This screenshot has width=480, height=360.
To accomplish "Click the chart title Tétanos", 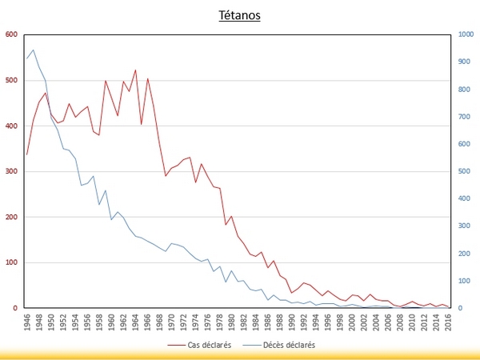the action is [x=239, y=15].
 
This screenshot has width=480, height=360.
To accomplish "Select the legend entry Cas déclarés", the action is [x=199, y=345].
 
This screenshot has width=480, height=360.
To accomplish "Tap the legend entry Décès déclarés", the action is [x=279, y=345].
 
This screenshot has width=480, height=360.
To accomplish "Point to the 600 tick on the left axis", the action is [x=12, y=34].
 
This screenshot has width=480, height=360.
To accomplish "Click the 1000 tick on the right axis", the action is [x=466, y=34].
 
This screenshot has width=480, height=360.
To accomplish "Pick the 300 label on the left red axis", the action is [x=12, y=171].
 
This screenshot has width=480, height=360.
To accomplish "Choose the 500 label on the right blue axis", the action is [x=464, y=171].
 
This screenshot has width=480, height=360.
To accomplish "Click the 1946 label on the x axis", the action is [x=27, y=322].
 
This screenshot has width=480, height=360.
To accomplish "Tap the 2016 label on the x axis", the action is [x=448, y=322].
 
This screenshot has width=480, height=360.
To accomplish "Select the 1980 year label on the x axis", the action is [x=232, y=322].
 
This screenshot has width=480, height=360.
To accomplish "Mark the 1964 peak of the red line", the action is [x=136, y=70].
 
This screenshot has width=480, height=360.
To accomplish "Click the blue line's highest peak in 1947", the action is [x=34, y=50].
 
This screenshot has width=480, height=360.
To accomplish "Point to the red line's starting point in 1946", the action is [x=27, y=154].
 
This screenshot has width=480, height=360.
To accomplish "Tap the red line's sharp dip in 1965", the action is [x=142, y=124].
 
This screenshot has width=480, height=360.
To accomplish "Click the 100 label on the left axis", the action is [x=12, y=262].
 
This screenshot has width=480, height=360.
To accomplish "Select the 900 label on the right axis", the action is [x=464, y=62].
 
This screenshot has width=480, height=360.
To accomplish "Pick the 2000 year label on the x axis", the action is [x=352, y=322].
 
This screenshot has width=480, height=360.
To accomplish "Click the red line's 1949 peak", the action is [x=46, y=93].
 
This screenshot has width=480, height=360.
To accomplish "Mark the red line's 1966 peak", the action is [x=147, y=78].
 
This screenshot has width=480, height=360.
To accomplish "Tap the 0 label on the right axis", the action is [x=460, y=308].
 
